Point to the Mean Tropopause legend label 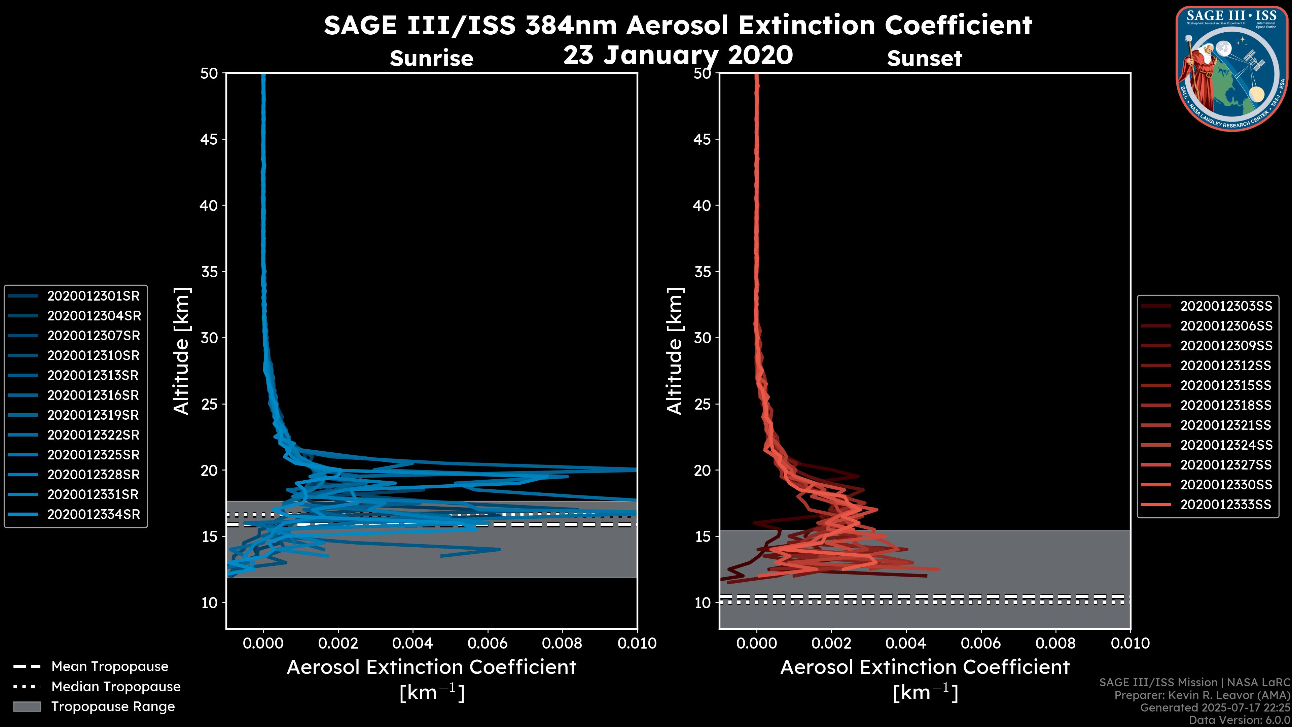click(x=110, y=666)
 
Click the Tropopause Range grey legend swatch click(x=27, y=706)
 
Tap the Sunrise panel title click(x=431, y=59)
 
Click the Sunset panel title click(x=924, y=59)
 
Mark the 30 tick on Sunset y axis click(x=703, y=338)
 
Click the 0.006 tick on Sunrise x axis click(x=488, y=643)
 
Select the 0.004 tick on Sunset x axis click(x=906, y=643)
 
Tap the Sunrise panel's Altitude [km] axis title click(x=182, y=351)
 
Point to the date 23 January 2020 click(x=678, y=55)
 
